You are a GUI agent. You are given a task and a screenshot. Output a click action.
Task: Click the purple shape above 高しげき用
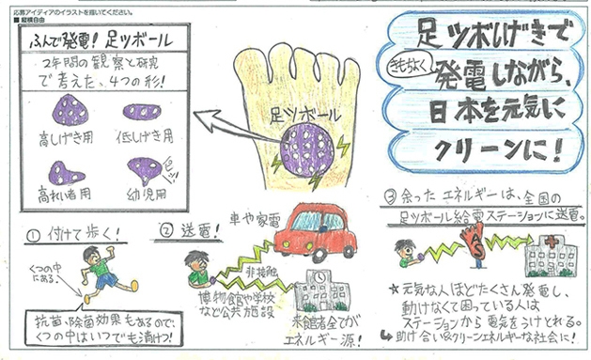pos(69,114)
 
